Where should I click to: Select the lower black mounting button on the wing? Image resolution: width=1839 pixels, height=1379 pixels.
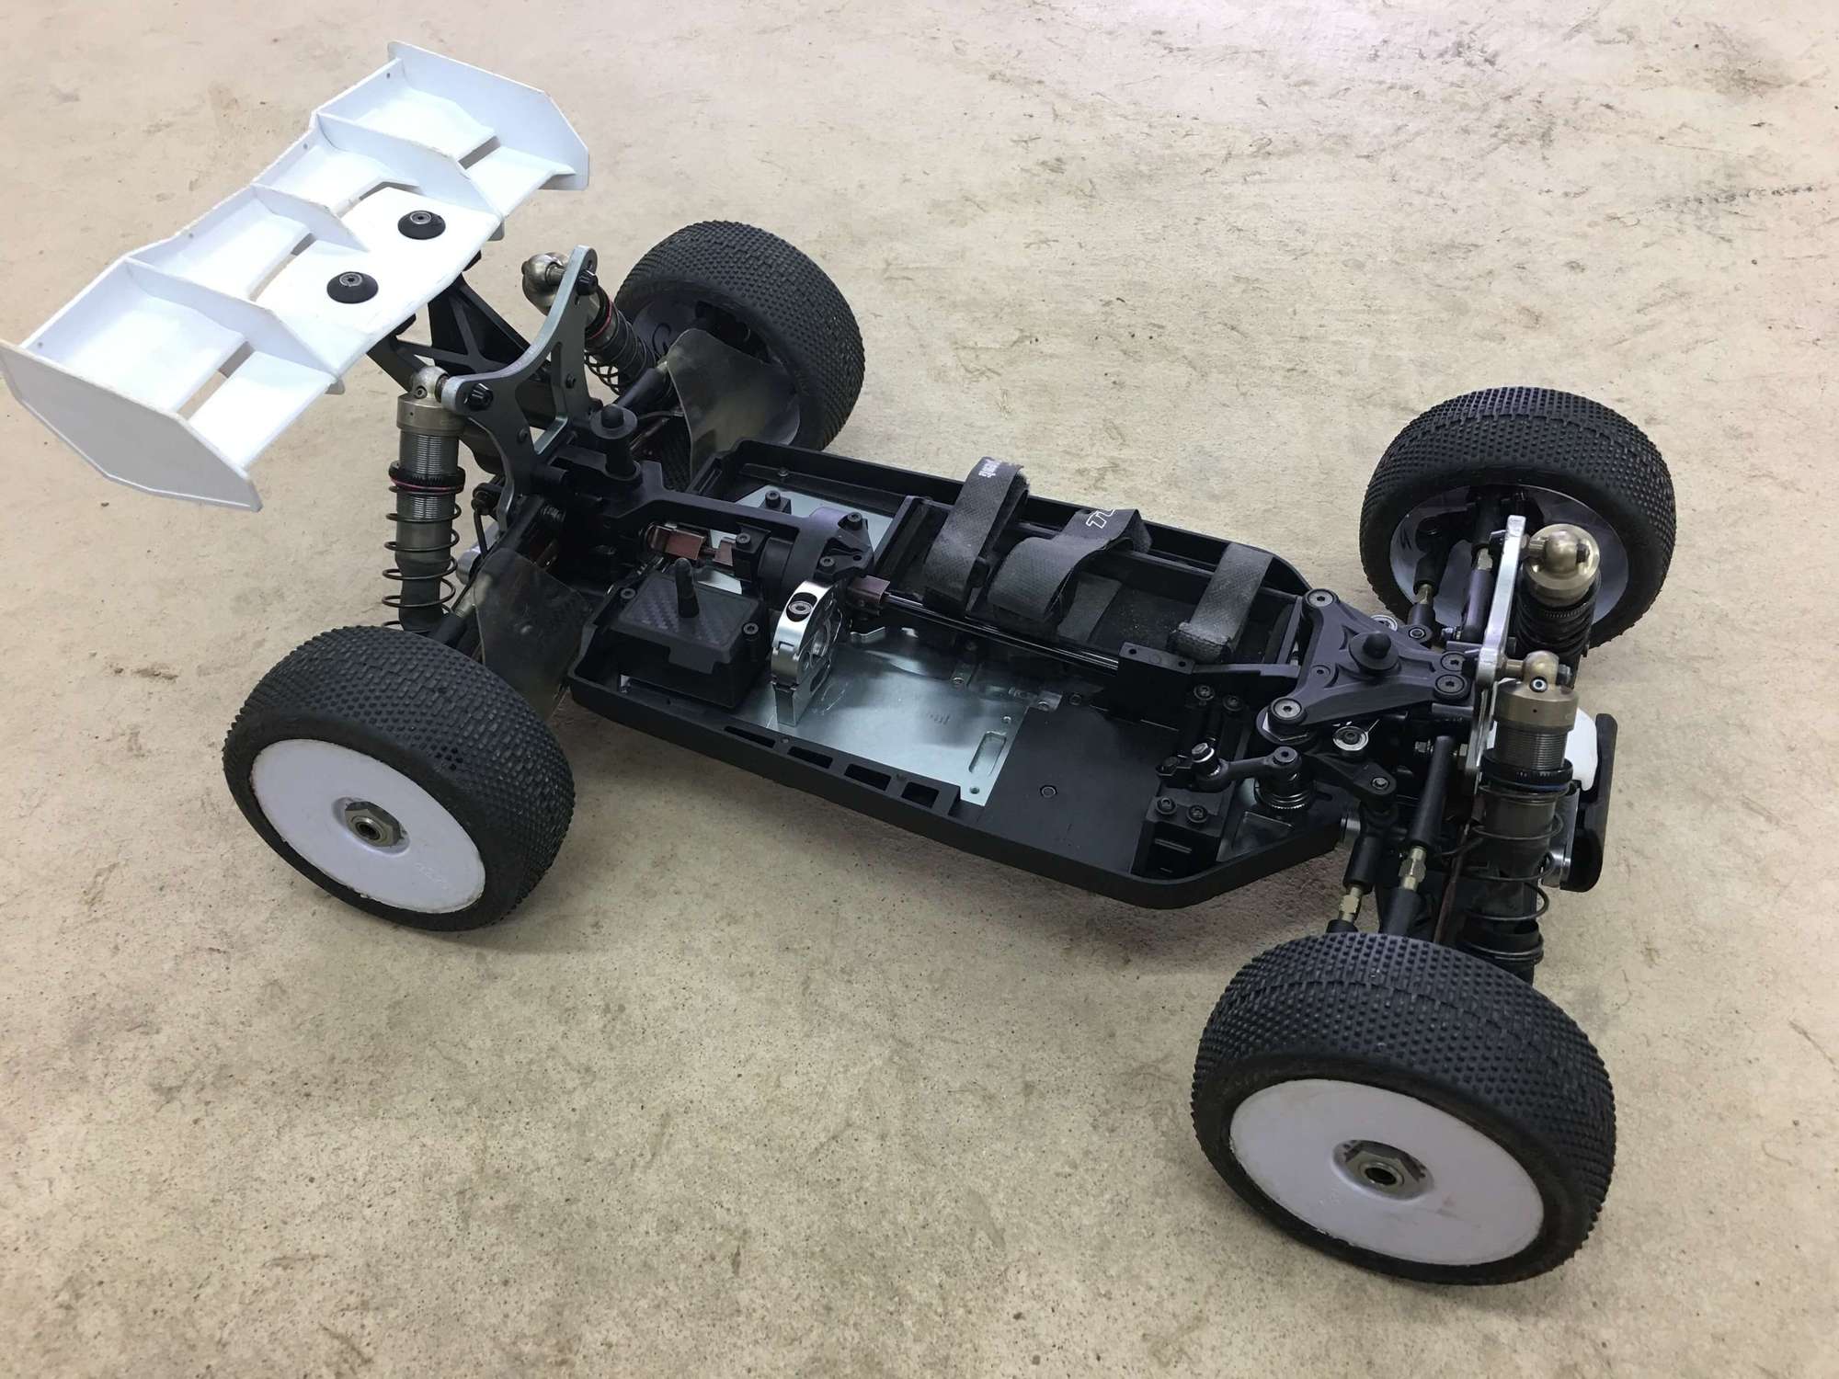[347, 286]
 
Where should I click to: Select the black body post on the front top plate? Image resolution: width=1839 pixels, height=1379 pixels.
[1381, 649]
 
